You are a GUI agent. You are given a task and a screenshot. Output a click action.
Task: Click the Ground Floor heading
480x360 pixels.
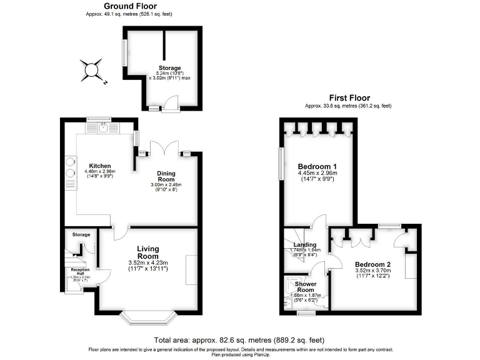(129, 6)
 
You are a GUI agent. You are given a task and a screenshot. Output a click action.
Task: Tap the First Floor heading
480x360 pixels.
(349, 98)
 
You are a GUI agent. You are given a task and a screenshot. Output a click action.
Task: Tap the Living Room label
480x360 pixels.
(148, 252)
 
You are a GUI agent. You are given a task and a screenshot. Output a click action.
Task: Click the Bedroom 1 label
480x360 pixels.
(318, 166)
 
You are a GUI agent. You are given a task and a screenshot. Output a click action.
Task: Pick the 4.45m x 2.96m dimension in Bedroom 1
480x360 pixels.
(318, 173)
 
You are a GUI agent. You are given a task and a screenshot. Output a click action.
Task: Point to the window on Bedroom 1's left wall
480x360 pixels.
(281, 165)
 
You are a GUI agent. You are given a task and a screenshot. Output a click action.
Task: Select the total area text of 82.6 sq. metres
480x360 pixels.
(239, 340)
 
